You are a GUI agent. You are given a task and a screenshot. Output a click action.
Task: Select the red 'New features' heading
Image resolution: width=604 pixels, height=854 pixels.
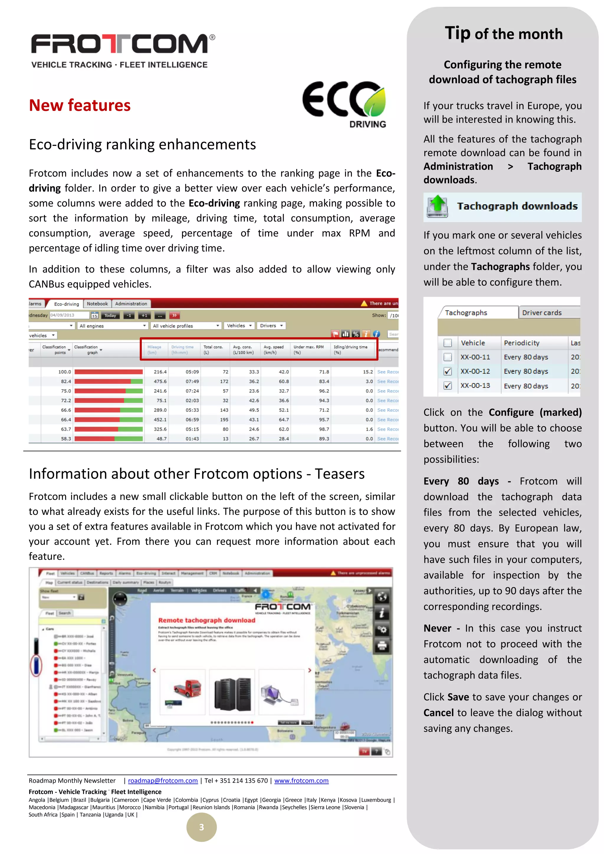click(x=80, y=106)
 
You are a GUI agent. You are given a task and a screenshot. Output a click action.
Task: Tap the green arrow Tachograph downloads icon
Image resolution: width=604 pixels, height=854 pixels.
click(x=437, y=206)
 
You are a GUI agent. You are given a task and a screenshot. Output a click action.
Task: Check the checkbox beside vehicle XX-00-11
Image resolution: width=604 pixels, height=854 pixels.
click(x=448, y=357)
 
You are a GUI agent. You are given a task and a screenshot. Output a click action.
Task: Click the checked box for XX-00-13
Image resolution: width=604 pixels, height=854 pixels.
click(x=448, y=386)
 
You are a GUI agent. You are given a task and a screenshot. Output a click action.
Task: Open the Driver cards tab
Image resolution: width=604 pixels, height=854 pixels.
click(x=541, y=313)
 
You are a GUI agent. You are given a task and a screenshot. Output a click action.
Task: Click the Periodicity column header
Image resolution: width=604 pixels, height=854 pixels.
click(x=521, y=343)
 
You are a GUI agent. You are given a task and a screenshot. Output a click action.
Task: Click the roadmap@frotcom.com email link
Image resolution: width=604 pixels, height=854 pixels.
click(x=163, y=781)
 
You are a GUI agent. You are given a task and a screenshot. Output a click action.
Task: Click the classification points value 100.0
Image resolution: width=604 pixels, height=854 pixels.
click(x=64, y=372)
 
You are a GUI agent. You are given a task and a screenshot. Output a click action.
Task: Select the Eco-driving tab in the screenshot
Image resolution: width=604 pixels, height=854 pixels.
click(x=67, y=304)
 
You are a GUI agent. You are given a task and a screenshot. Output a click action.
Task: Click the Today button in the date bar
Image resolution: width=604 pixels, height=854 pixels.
click(x=110, y=316)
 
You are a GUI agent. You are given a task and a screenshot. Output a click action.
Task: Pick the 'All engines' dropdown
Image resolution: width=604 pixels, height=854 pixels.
click(x=113, y=326)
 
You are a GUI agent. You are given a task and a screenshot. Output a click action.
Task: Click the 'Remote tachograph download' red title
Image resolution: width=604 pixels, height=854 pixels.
click(x=207, y=620)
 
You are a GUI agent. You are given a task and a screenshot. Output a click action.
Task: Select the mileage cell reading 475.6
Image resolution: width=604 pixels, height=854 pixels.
click(x=160, y=381)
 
